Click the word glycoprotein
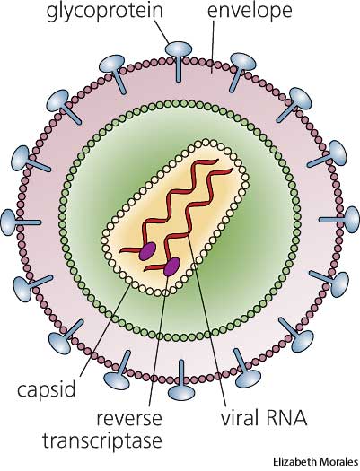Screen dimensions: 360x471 pos(105,11)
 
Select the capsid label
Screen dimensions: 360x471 pos(46,389)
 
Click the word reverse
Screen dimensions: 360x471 pos(129,418)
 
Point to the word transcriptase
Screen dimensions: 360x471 pos(102,441)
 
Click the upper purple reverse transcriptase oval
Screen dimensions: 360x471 pos(147,252)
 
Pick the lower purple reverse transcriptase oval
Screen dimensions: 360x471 pos(171,266)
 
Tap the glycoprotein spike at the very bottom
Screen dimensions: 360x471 pos(181,379)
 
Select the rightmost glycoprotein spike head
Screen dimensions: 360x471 pos(352,219)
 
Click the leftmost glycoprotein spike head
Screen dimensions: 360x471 pos(8,222)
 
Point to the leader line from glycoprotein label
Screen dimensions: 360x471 pos(162,33)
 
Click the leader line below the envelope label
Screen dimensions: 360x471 pos(213,47)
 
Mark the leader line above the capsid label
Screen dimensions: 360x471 pos(105,329)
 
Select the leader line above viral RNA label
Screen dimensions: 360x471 pos(206,319)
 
